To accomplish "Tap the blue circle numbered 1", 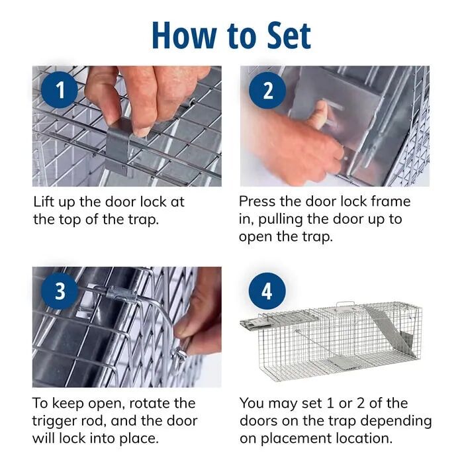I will pyautogui.click(x=60, y=90).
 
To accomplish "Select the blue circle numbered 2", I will pyautogui.click(x=267, y=90).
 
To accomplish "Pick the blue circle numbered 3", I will pyautogui.click(x=60, y=291).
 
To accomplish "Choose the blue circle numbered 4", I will pyautogui.click(x=267, y=291).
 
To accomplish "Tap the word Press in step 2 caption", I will pyautogui.click(x=259, y=202).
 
